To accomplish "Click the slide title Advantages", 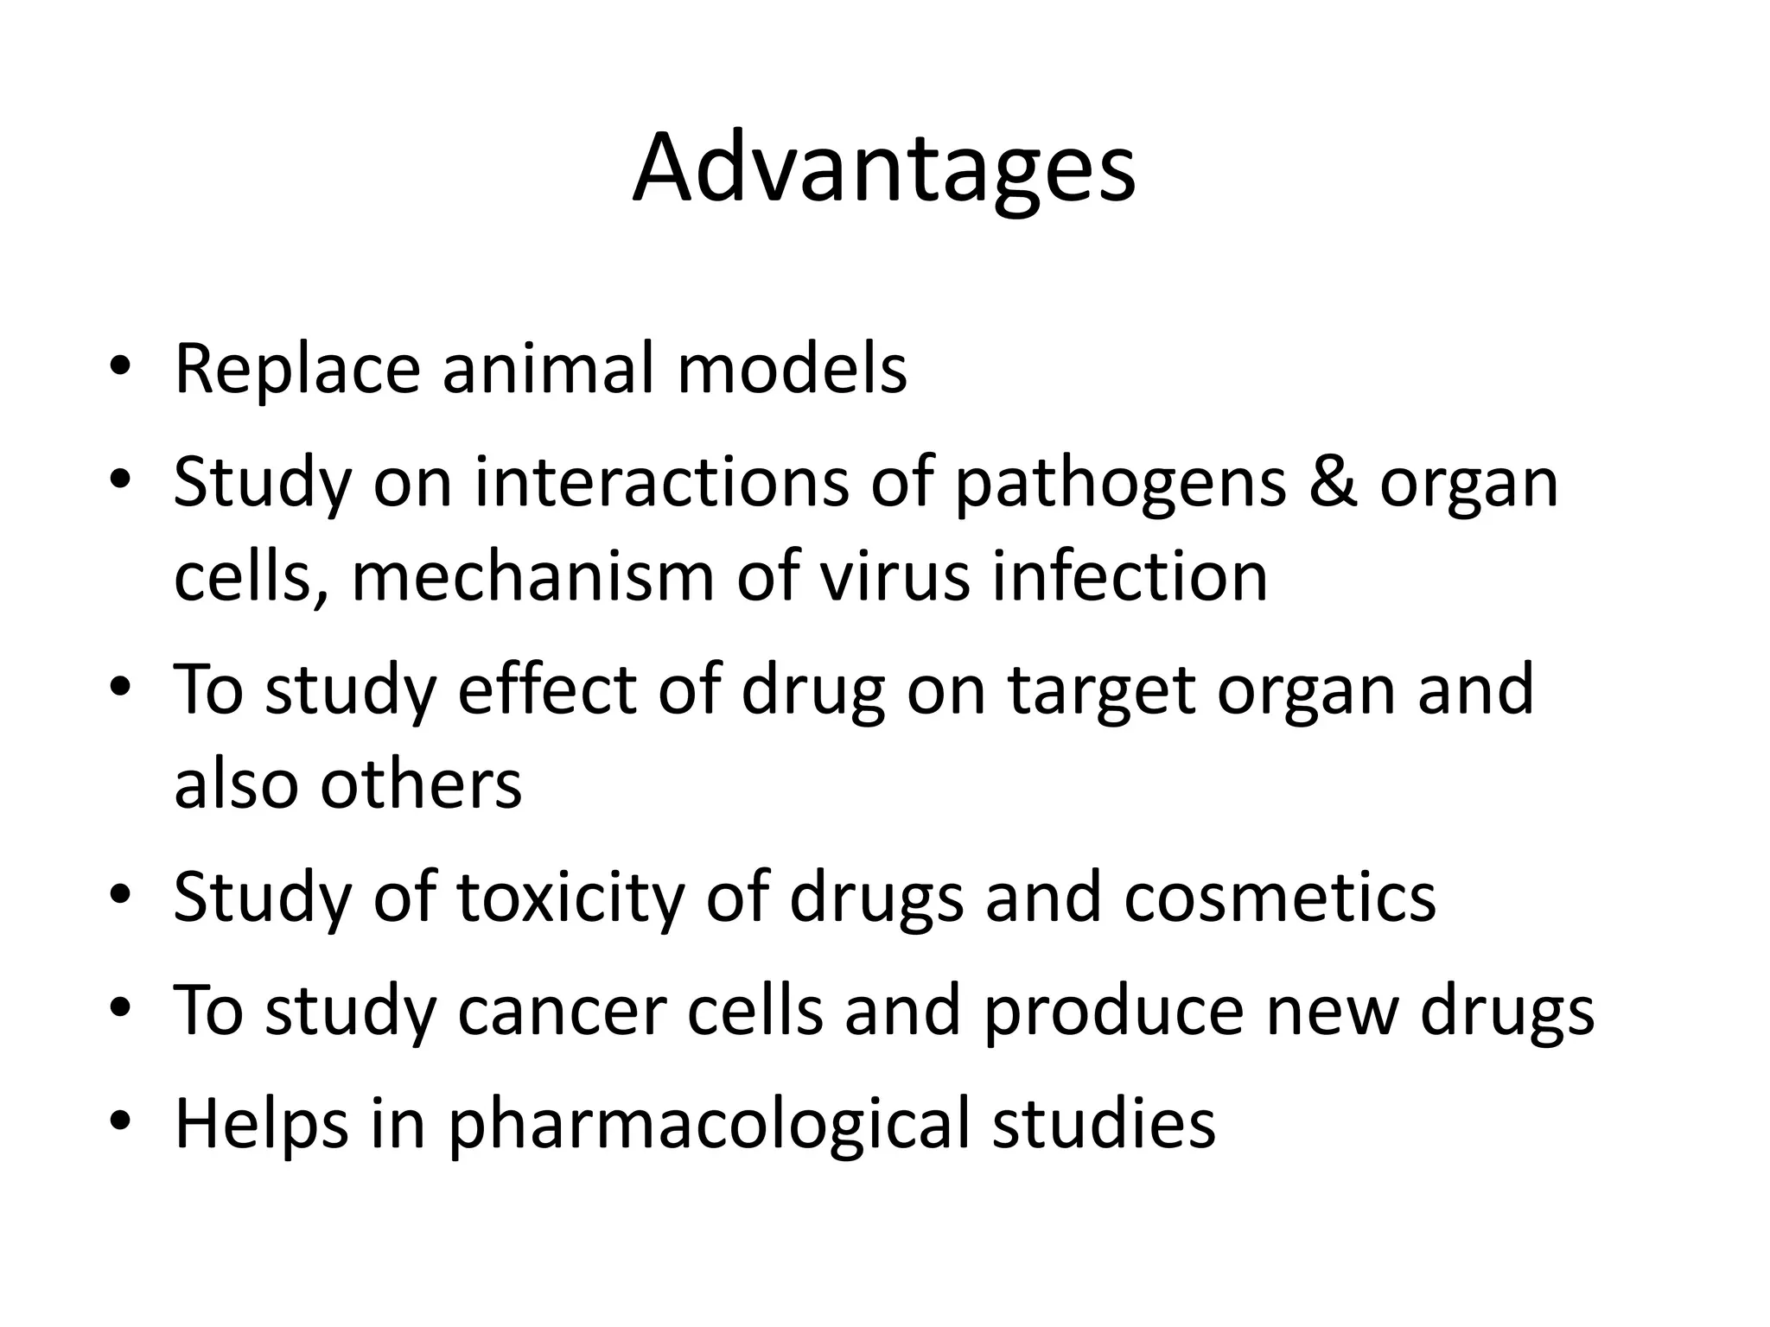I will pos(883,168).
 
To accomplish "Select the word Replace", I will pos(297,369).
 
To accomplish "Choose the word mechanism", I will pos(532,576).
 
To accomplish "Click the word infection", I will pos(1129,576).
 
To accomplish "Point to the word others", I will pos(421,784).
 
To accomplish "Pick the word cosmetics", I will pos(1280,897).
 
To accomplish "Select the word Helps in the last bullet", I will pos(260,1123).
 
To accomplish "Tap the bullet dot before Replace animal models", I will pos(120,369).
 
